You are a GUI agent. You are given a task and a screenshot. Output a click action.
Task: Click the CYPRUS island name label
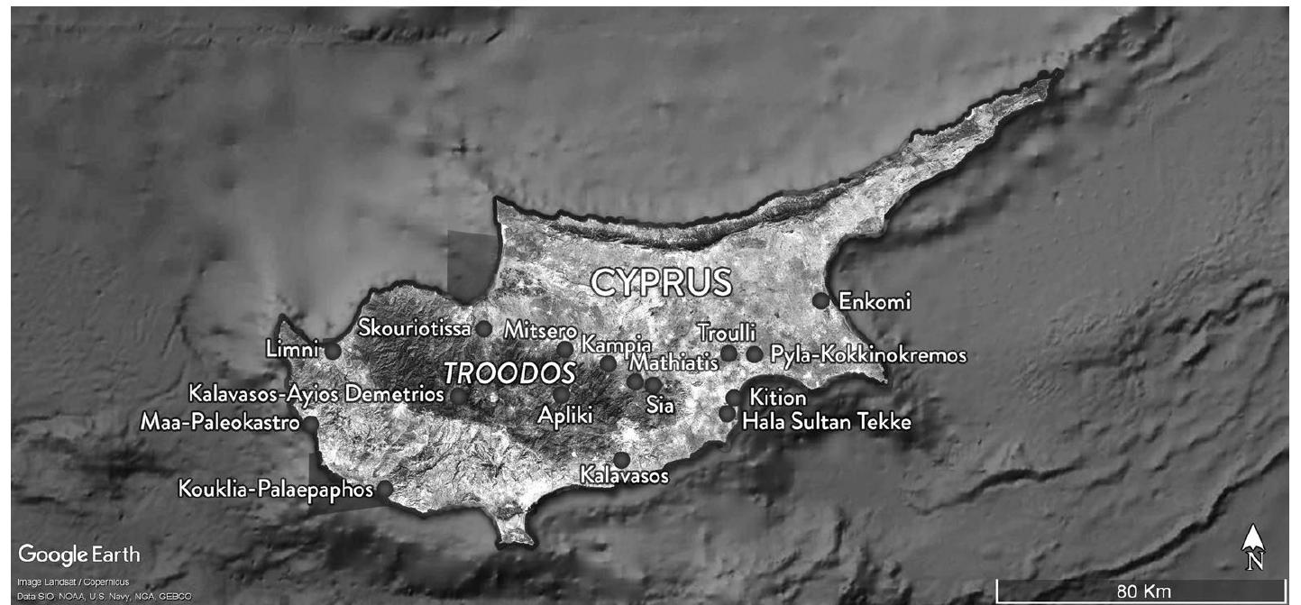pos(661,282)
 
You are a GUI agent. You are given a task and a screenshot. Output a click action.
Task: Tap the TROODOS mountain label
pos(508,373)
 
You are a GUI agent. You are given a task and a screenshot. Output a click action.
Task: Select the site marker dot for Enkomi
pos(820,300)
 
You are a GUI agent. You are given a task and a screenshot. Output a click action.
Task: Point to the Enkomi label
pos(875,301)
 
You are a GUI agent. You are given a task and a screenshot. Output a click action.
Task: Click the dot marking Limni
pos(333,351)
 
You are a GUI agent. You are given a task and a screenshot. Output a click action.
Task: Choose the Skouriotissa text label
pos(415,328)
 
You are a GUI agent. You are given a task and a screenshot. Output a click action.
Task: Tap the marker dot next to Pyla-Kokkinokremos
pos(754,354)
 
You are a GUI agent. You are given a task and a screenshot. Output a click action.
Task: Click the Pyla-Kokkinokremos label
pos(868,355)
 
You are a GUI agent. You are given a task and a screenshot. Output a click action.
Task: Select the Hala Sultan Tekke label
pos(827,422)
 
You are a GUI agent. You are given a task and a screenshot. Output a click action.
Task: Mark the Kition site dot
pos(734,397)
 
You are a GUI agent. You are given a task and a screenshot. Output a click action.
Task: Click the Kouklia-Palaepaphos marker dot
pos(384,489)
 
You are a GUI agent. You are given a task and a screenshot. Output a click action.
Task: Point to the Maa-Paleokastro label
pos(220,422)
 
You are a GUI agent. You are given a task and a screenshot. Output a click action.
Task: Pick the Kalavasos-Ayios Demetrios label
pos(316,394)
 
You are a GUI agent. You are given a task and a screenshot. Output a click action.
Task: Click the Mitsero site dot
pos(564,349)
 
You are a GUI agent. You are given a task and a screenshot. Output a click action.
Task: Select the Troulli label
pos(727,333)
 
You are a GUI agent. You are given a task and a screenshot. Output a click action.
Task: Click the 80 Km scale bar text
pos(1142,591)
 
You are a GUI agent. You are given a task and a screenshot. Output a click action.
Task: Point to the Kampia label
pos(617,344)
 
